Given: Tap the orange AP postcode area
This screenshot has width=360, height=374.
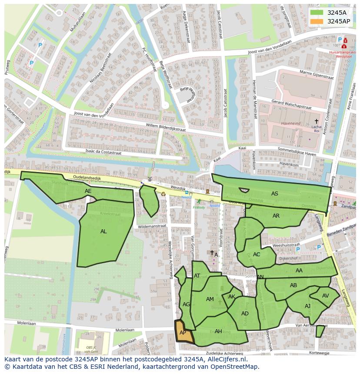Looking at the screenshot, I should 183,332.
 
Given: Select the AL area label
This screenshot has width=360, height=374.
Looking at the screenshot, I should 103,232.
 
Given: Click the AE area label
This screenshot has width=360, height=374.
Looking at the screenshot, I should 88,191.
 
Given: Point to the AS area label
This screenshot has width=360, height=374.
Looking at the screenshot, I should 275,194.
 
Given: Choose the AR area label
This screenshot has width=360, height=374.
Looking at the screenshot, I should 276,216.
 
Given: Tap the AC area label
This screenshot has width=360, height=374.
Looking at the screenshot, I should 257,255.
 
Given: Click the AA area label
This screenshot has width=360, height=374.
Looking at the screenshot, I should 299,271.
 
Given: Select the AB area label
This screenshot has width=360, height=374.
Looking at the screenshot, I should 293,285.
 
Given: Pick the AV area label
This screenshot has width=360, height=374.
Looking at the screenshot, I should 326,295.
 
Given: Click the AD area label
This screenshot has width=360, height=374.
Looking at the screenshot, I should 245,314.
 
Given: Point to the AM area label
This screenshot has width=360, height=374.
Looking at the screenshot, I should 210,299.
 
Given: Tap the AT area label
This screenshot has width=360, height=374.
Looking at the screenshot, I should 197,276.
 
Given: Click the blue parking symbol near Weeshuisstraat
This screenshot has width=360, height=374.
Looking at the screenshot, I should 298,249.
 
